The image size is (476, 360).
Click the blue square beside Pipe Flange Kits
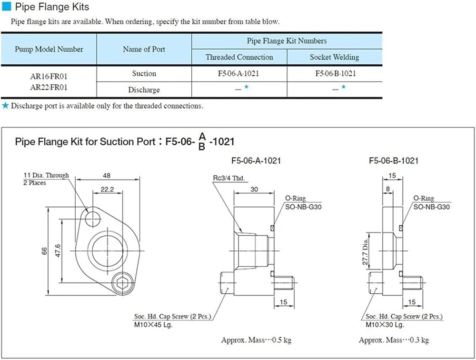6,6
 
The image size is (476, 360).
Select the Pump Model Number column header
49,49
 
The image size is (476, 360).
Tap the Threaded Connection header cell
239,57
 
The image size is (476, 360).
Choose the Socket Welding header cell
334,57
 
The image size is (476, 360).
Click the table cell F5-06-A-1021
238,73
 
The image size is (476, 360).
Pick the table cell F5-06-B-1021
336,73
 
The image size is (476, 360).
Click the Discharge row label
144,90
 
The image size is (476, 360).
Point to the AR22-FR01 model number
49,88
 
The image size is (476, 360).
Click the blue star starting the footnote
5,105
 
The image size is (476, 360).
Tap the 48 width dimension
107,175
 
